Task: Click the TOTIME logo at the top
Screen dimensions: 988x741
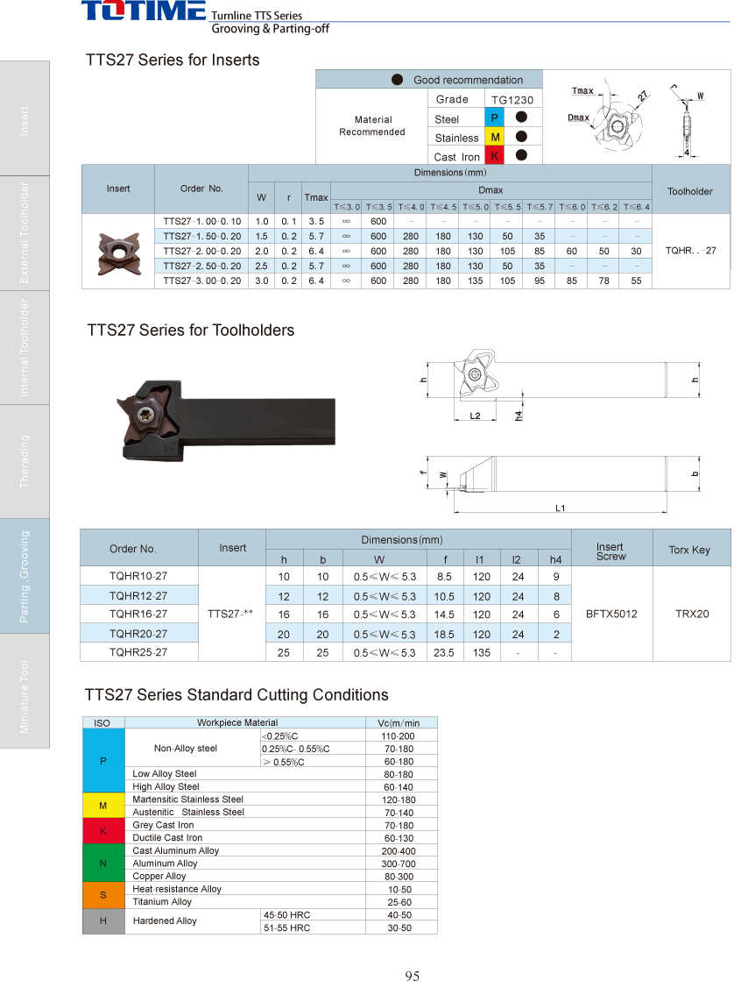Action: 144,11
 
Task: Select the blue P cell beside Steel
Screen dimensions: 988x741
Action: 494,118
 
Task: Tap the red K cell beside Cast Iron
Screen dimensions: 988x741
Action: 494,156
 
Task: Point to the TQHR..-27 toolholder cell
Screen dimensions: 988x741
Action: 690,251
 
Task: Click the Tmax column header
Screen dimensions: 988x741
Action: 316,197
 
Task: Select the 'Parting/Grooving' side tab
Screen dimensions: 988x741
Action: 25,576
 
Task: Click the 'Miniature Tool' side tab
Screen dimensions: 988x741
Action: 25,696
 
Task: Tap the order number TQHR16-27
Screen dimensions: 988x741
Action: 138,615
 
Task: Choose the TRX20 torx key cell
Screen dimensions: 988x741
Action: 691,615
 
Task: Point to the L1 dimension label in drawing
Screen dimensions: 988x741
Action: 561,508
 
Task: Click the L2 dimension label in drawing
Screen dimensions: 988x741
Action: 475,416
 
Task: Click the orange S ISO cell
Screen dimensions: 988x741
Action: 103,895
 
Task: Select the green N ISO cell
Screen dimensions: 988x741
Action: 103,864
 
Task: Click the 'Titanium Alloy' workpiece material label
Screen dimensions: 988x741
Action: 162,902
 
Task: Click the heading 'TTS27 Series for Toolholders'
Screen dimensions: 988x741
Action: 190,331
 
